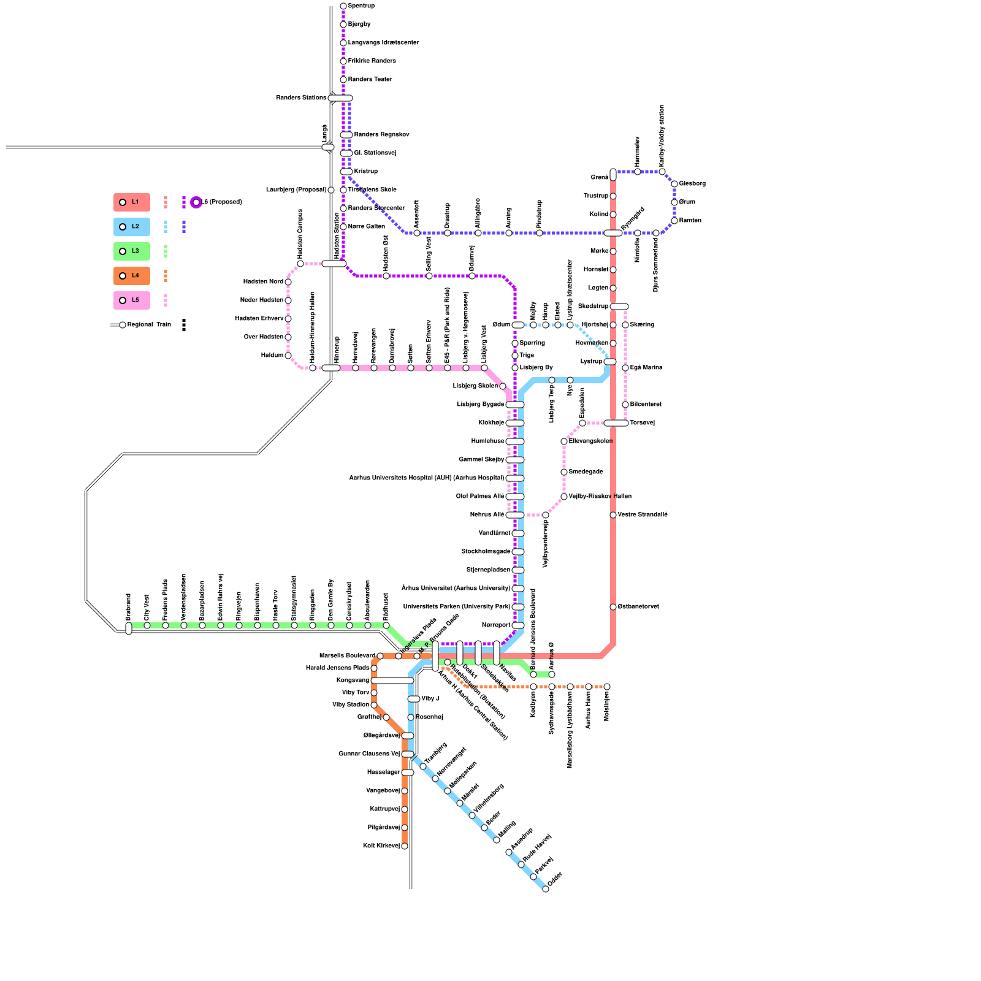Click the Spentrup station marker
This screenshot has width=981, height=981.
point(343,6)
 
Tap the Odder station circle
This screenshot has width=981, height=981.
point(546,889)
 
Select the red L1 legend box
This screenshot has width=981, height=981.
point(132,202)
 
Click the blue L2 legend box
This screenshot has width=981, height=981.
point(132,227)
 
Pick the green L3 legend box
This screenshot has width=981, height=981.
point(132,251)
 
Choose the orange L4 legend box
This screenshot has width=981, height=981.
point(132,276)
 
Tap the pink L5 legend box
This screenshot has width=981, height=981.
point(132,300)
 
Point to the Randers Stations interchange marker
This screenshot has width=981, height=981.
point(340,98)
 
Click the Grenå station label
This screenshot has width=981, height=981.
point(599,178)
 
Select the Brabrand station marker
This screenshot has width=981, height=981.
point(129,628)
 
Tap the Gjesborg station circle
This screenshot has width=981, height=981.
point(674,184)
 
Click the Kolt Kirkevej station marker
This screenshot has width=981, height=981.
point(405,846)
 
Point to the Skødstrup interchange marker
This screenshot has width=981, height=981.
point(619,307)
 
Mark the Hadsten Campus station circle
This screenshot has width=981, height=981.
point(300,264)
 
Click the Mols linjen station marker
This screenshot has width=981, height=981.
point(607,687)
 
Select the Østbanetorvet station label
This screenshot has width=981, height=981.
point(638,607)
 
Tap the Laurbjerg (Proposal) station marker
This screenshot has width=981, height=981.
point(331,190)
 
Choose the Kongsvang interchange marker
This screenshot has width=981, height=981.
point(392,681)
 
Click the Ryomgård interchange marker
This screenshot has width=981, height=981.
point(613,233)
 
